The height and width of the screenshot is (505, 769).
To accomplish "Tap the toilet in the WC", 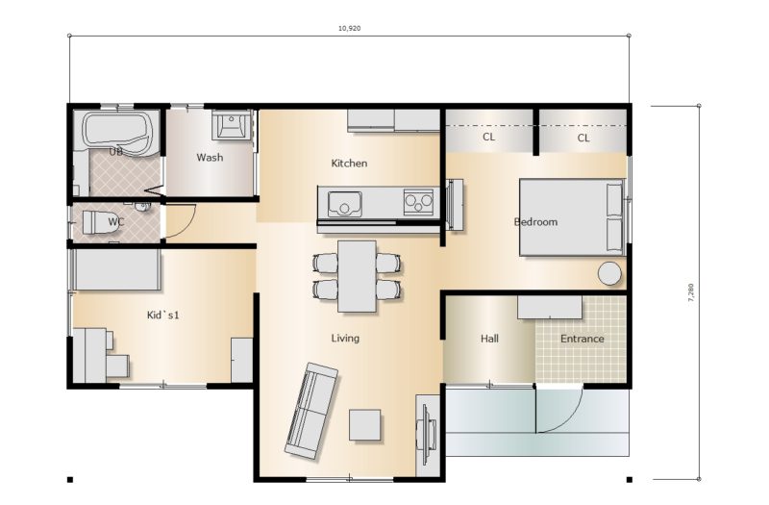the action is (x=95, y=222).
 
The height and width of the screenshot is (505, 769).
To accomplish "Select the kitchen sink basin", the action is (x=344, y=204).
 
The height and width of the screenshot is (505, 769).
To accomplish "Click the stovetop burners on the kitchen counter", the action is (x=418, y=202).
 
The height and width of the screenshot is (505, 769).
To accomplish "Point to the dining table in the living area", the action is (x=357, y=276).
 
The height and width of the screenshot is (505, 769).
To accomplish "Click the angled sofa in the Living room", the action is (x=311, y=411).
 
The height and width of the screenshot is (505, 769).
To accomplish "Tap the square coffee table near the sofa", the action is (x=365, y=424).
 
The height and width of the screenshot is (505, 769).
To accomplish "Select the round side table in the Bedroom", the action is (x=609, y=273).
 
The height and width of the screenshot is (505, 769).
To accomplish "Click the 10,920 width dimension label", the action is (x=349, y=29).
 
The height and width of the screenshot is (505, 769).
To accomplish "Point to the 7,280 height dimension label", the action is (x=691, y=292).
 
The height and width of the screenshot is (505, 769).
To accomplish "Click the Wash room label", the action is (x=210, y=158).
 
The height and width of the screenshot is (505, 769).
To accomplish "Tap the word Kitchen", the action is (x=349, y=163).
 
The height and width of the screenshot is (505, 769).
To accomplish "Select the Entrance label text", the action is (x=583, y=339).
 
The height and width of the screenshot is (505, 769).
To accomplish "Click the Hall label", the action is (x=489, y=339).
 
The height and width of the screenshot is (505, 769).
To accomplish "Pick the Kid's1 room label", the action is (x=162, y=316).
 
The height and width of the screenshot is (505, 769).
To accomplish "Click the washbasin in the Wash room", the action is (x=230, y=125).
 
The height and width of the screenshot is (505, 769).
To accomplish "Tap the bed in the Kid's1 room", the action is (x=116, y=269).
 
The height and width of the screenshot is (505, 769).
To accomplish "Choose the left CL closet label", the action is (x=488, y=137).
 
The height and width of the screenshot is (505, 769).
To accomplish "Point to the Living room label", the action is (x=345, y=339).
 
